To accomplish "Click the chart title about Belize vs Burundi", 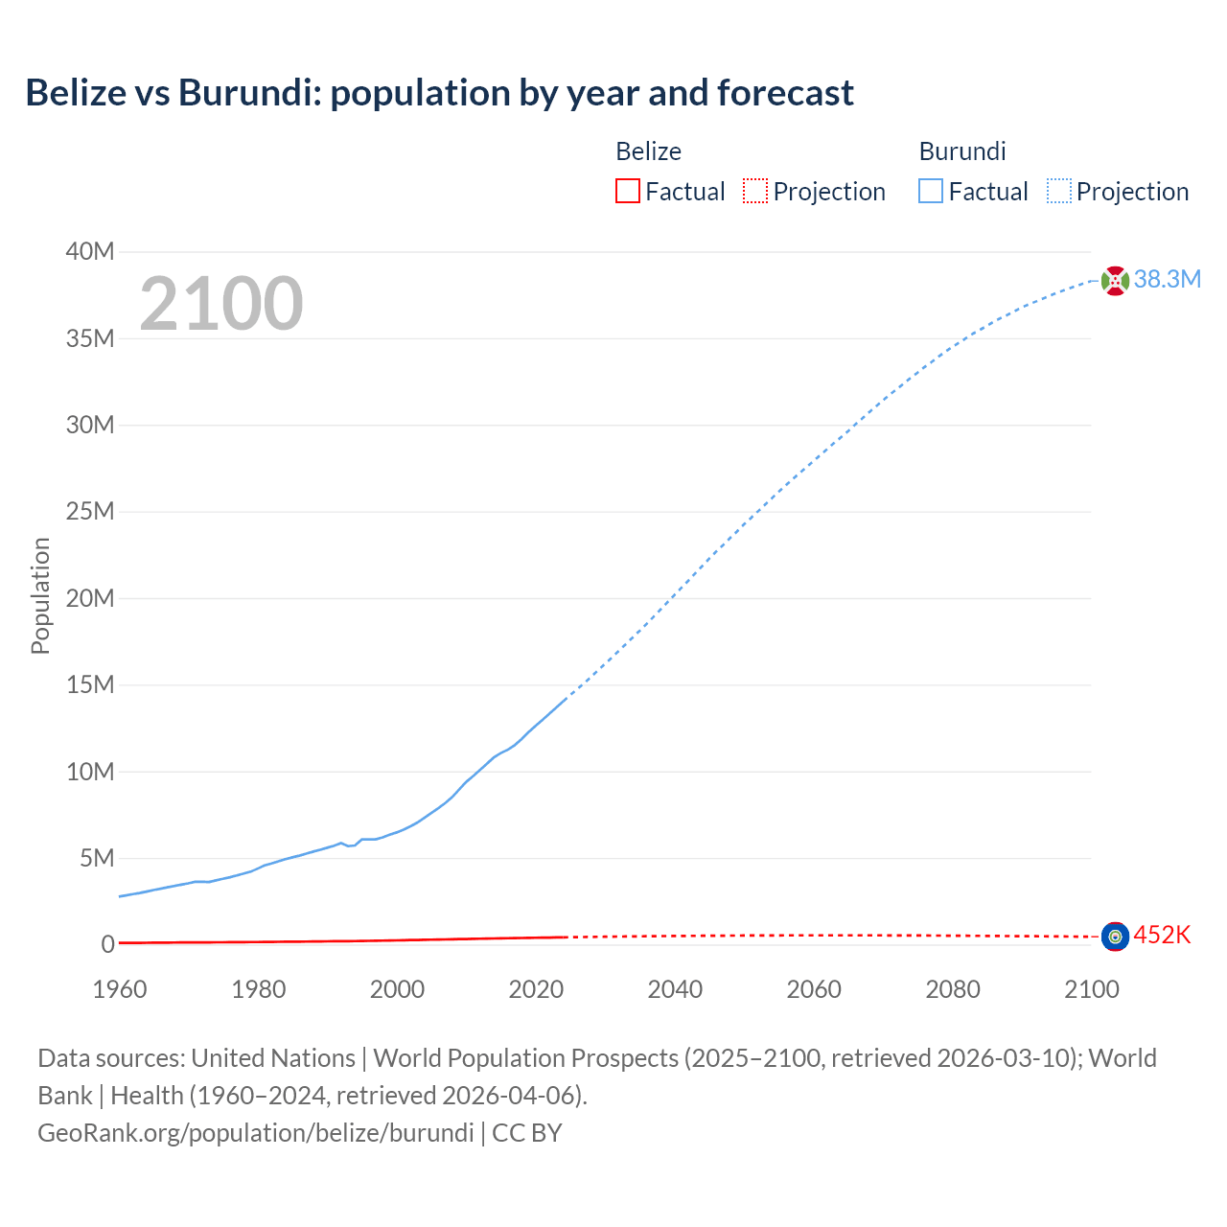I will [439, 93].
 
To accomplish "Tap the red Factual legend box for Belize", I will [627, 192].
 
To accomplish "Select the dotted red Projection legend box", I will [755, 192].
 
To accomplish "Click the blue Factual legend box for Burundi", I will [930, 192].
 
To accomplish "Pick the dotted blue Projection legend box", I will [1058, 192].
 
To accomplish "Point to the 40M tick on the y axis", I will [89, 252].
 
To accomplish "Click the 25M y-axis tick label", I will [89, 512].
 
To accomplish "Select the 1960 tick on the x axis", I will [120, 989].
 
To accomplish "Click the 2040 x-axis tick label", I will [675, 989].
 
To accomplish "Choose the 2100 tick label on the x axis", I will [1091, 989].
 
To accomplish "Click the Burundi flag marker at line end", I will [1115, 281].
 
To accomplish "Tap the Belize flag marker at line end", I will [1115, 937].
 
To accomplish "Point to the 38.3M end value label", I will [1167, 280].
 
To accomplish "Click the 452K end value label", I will [1162, 936].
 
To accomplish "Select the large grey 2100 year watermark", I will [221, 304].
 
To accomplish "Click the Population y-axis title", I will [40, 595].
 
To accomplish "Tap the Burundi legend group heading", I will [961, 151].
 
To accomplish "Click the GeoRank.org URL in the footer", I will [255, 1133].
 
